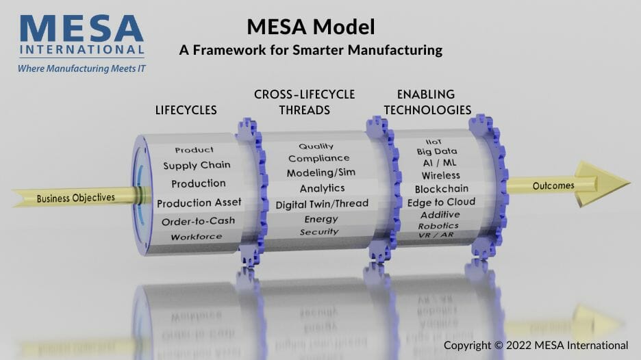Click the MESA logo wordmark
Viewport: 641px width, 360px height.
pos(81,35)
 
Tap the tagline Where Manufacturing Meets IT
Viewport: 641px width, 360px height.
pos(81,68)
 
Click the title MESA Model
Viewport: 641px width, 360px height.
pos(311,27)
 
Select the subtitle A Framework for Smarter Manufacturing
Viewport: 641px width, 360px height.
pos(311,50)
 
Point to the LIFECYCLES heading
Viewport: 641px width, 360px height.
pos(186,110)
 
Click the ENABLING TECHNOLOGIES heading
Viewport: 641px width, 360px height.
pos(427,102)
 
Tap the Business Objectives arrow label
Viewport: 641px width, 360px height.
pos(75,198)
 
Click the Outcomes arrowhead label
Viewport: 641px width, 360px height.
pos(553,186)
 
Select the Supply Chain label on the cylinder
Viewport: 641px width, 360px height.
pos(197,165)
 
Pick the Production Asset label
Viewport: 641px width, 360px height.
pos(199,203)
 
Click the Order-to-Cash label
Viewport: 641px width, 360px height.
pos(199,222)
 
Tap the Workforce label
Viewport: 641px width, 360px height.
pos(197,237)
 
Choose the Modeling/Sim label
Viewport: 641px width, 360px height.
pos(321,173)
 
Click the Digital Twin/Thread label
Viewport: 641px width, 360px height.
pos(322,204)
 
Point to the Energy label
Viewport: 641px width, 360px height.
pos(321,220)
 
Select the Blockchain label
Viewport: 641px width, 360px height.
pos(442,189)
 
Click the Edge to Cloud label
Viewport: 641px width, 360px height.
pos(441,203)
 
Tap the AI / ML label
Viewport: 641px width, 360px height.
pos(440,163)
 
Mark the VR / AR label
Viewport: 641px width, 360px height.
pos(436,235)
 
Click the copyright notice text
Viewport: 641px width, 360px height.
pos(536,346)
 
